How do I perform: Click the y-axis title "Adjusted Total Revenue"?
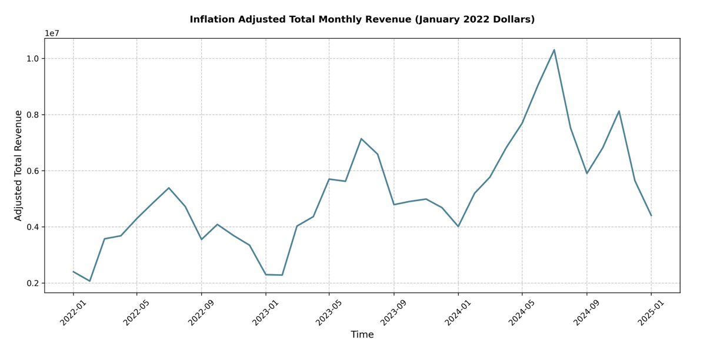[18, 165]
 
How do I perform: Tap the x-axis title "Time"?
[362, 335]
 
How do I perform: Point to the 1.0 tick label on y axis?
[32, 59]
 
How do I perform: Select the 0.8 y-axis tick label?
[32, 115]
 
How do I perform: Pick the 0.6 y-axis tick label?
[32, 171]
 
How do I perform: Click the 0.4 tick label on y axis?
[32, 227]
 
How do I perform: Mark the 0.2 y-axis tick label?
[32, 284]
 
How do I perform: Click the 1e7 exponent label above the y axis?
[52, 34]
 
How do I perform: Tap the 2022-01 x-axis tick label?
[73, 312]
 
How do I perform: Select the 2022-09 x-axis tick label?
[201, 312]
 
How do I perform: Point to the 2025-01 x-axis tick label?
[651, 312]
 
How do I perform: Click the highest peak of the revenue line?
[554, 50]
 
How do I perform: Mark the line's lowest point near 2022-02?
[89, 281]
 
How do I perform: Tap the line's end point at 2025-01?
[651, 215]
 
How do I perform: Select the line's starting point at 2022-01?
[73, 271]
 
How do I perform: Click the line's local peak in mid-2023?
[361, 139]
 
